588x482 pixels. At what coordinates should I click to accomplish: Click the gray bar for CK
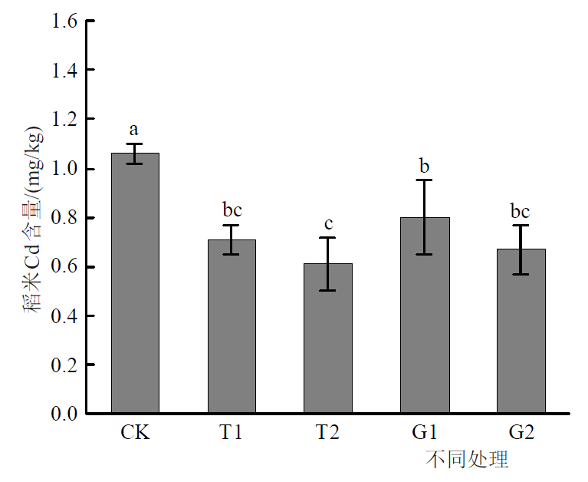(135, 284)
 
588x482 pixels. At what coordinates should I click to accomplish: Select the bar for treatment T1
(232, 327)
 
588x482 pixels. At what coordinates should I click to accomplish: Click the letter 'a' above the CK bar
(135, 129)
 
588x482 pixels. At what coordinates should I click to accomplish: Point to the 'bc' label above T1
(232, 210)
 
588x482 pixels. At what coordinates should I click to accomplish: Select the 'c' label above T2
(328, 223)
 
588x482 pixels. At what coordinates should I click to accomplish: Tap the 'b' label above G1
(425, 165)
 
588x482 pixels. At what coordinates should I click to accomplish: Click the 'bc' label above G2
(521, 211)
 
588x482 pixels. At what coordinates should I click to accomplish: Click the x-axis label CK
(135, 432)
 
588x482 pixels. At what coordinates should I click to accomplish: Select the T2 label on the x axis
(327, 432)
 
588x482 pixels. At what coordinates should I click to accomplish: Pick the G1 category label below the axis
(425, 432)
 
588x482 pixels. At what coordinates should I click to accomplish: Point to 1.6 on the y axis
(64, 21)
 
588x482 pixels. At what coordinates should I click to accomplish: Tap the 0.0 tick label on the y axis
(64, 414)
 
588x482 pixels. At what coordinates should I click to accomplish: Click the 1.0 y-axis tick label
(64, 169)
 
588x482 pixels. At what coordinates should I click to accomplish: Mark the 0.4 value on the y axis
(64, 316)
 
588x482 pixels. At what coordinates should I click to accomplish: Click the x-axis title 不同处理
(467, 460)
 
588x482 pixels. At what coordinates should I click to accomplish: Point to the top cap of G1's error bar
(425, 180)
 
